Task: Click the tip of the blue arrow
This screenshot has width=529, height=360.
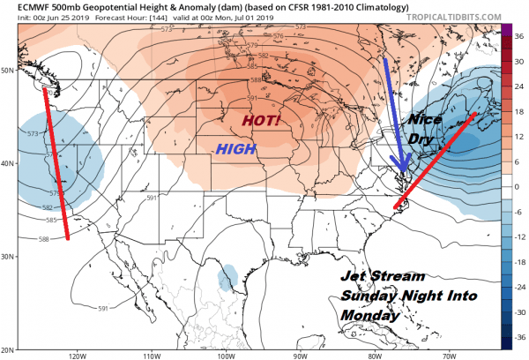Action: click(403, 172)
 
